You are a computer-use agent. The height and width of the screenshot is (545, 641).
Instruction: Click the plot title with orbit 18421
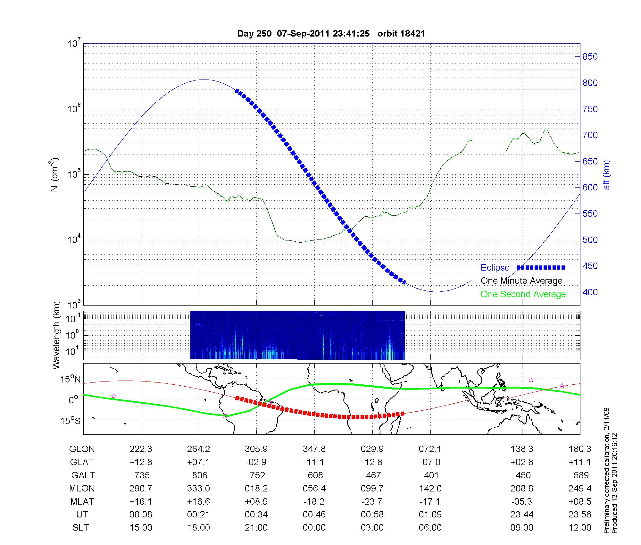pyautogui.click(x=331, y=34)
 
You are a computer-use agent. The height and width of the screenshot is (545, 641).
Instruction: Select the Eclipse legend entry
pyautogui.click(x=495, y=268)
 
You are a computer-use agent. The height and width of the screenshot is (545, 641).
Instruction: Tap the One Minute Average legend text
pyautogui.click(x=521, y=281)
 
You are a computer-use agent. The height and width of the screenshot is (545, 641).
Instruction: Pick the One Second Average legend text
pyautogui.click(x=523, y=294)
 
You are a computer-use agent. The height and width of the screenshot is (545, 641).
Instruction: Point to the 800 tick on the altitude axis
pyautogui.click(x=590, y=83)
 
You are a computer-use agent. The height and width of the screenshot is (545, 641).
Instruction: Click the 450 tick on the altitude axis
pyautogui.click(x=590, y=266)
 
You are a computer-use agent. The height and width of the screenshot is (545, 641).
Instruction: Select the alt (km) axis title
pyautogui.click(x=607, y=175)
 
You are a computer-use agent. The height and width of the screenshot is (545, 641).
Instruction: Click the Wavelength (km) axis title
pyautogui.click(x=56, y=335)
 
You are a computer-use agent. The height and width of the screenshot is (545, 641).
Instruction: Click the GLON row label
pyautogui.click(x=82, y=449)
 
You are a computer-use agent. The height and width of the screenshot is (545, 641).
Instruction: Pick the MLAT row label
pyautogui.click(x=82, y=501)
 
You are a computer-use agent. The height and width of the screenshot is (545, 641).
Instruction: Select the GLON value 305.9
pyautogui.click(x=256, y=449)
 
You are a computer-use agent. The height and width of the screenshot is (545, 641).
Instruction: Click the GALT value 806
pyautogui.click(x=199, y=475)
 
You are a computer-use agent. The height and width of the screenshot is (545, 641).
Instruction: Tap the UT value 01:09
pyautogui.click(x=430, y=515)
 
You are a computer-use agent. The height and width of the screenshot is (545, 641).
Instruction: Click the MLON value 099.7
pyautogui.click(x=372, y=489)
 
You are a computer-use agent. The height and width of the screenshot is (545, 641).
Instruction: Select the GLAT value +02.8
pyautogui.click(x=522, y=462)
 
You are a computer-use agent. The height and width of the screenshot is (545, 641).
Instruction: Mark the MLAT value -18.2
pyautogui.click(x=314, y=501)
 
